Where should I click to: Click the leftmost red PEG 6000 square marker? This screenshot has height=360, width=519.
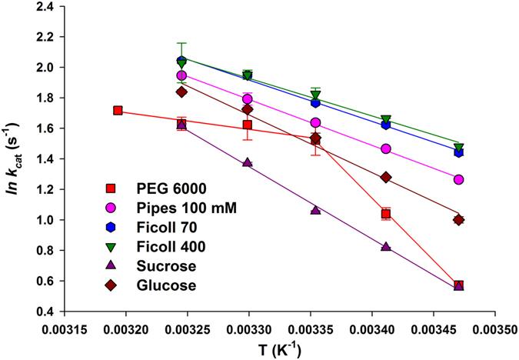coord(118,111)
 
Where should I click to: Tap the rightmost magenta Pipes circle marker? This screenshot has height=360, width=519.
coord(459,179)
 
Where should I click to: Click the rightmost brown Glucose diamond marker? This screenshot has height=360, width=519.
coord(459,220)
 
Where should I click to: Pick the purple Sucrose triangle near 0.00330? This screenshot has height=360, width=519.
coord(247,162)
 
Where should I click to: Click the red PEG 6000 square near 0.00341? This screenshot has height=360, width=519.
coord(386,214)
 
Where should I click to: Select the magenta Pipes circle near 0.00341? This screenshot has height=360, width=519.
coord(386,149)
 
